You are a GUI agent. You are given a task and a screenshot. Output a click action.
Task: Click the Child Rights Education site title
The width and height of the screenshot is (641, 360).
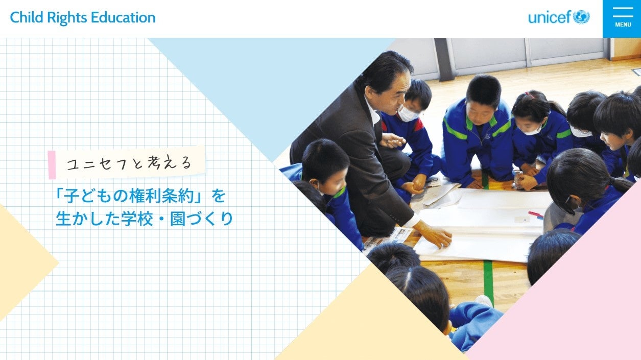click(x=83, y=18)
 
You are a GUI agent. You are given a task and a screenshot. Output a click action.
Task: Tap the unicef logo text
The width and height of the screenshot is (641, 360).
click(x=549, y=18)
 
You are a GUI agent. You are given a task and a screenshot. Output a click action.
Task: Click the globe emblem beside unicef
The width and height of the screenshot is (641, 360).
click(x=581, y=17)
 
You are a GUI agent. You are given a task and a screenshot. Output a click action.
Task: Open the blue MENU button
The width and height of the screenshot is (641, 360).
click(x=622, y=19)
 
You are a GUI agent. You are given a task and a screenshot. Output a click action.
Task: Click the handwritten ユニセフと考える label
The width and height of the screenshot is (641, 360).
click(x=130, y=163)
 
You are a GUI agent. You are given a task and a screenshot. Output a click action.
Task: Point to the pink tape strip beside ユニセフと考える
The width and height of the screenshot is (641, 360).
click(x=52, y=165)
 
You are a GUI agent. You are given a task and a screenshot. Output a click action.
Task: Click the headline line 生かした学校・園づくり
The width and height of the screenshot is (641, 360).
click(x=144, y=219)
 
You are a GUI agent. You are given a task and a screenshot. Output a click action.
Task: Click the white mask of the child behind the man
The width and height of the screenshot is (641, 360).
click(x=407, y=114)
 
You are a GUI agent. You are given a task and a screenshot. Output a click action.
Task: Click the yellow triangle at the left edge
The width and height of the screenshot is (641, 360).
click(x=20, y=263)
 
